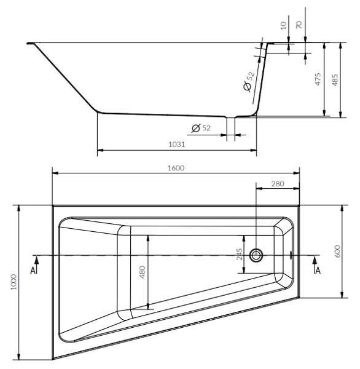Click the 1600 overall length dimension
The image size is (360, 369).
pos(176,168)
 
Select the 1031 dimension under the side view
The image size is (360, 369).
pos(176,145)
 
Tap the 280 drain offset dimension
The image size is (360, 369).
pos(278,183)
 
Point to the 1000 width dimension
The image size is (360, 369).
pos(14,282)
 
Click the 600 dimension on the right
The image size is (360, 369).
pos(337,251)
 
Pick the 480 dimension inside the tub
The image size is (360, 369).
pos(143,272)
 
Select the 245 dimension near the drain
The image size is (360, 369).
pos(240,254)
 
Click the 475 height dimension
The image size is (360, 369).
pos(318,79)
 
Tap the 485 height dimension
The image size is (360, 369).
pos(335,79)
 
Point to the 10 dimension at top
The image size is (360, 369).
pos(284,25)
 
